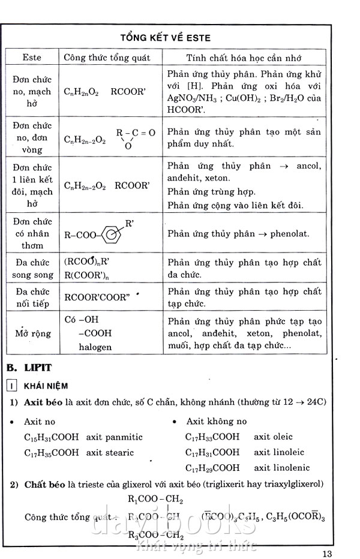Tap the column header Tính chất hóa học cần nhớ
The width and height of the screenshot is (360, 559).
pyautogui.click(x=243, y=58)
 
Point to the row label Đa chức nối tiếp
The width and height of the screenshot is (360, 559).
pyautogui.click(x=32, y=297)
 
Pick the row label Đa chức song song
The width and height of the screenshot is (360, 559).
pyautogui.click(x=32, y=269)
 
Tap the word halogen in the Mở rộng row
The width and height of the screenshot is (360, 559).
pyautogui.click(x=95, y=347)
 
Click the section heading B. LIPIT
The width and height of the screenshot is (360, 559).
pyautogui.click(x=29, y=367)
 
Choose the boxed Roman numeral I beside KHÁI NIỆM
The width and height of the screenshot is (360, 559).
pyautogui.click(x=11, y=386)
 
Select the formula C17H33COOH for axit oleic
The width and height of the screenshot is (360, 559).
pyautogui.click(x=212, y=437)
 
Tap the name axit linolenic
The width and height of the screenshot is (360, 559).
pyautogui.click(x=281, y=467)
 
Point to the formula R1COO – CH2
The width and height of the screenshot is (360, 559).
pyautogui.click(x=155, y=499)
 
